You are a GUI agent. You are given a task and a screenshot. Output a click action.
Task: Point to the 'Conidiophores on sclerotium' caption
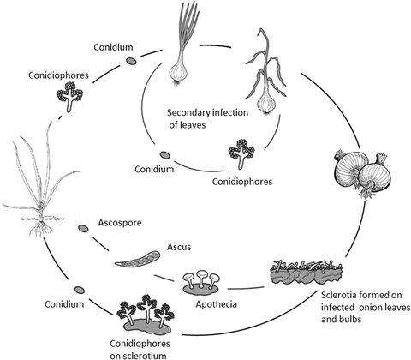click(135, 347)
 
